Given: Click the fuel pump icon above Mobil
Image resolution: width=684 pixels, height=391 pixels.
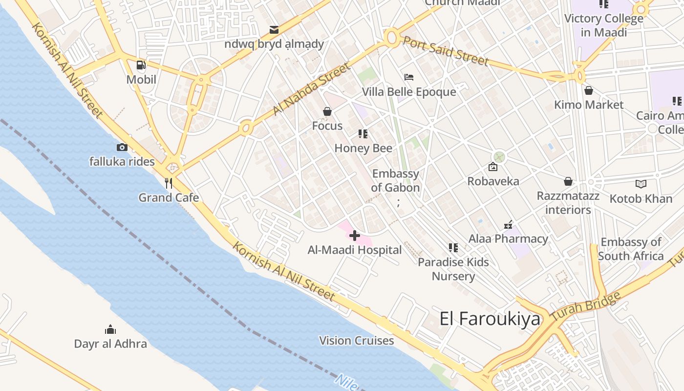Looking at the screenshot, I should click(x=141, y=65).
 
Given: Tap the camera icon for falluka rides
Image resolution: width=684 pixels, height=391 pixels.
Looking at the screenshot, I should click(x=122, y=147).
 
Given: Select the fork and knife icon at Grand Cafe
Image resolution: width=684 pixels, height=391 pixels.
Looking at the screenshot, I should click(x=169, y=183).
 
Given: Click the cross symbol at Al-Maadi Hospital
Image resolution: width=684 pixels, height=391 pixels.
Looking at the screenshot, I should click(x=355, y=236).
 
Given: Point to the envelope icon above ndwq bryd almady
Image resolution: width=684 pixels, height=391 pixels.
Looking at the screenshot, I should click(x=274, y=30).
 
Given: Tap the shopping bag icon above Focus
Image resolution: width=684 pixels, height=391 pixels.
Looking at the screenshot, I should click(x=327, y=112).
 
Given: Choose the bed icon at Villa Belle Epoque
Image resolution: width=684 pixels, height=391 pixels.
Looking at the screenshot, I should click(x=409, y=77).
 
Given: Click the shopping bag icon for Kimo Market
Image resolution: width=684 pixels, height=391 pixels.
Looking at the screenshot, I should click(x=589, y=90).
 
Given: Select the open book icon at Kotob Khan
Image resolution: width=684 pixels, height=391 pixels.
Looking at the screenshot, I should click(x=641, y=184).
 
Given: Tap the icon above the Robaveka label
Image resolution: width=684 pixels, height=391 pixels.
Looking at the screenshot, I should click(x=493, y=167).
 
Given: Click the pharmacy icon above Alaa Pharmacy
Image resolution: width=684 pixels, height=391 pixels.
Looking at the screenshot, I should click(x=508, y=225).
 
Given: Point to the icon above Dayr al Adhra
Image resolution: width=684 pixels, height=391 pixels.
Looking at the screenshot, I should click(x=110, y=329).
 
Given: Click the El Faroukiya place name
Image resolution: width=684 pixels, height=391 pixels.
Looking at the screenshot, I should click(x=490, y=319).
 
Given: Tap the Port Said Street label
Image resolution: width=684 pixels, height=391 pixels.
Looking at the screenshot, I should click(x=445, y=50).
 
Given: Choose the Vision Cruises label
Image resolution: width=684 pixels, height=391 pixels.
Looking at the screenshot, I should click(x=357, y=341).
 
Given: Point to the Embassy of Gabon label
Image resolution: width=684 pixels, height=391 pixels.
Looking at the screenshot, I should click(x=395, y=181).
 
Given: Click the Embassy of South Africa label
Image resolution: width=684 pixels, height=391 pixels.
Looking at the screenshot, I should click(x=631, y=249).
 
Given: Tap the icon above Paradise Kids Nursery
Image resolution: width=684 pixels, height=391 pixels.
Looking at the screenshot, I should click(x=453, y=248).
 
